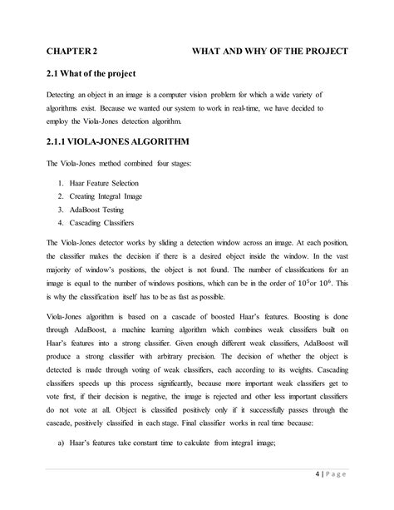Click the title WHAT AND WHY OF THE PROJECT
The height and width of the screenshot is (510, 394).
click(270, 51)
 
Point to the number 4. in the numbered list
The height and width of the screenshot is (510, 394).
click(62, 223)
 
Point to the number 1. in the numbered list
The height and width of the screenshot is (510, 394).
click(62, 182)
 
